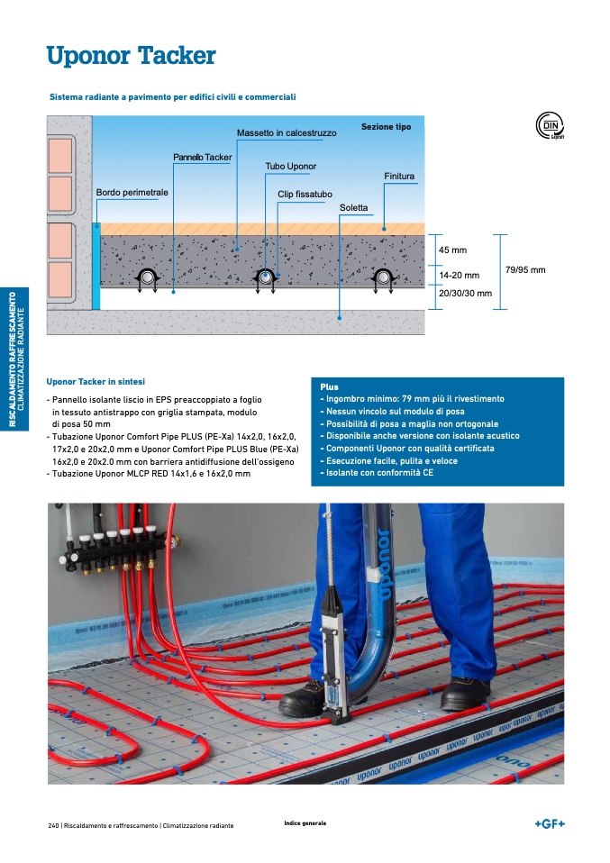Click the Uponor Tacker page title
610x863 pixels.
pyautogui.click(x=131, y=56)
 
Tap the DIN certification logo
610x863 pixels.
pyautogui.click(x=550, y=125)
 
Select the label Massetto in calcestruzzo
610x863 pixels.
pyautogui.click(x=287, y=132)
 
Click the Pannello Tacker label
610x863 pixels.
pyautogui.click(x=202, y=157)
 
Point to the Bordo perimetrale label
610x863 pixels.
pyautogui.click(x=132, y=192)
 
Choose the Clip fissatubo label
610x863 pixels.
pyautogui.click(x=305, y=194)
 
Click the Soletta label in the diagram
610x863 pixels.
pyautogui.click(x=353, y=207)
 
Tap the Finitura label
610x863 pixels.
pyautogui.click(x=399, y=177)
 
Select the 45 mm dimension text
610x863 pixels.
pyautogui.click(x=452, y=250)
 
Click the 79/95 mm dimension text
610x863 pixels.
pyautogui.click(x=525, y=269)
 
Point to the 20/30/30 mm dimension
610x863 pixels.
pyautogui.click(x=465, y=294)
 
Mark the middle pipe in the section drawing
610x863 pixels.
pyautogui.click(x=266, y=277)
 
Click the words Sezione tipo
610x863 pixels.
pyautogui.click(x=386, y=127)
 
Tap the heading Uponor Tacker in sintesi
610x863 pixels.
pyautogui.click(x=96, y=381)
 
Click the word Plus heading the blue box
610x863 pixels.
pyautogui.click(x=329, y=387)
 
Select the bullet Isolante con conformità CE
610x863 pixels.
pyautogui.click(x=378, y=473)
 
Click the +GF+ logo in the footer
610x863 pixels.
pyautogui.click(x=550, y=823)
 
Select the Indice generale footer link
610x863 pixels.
pyautogui.click(x=305, y=823)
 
